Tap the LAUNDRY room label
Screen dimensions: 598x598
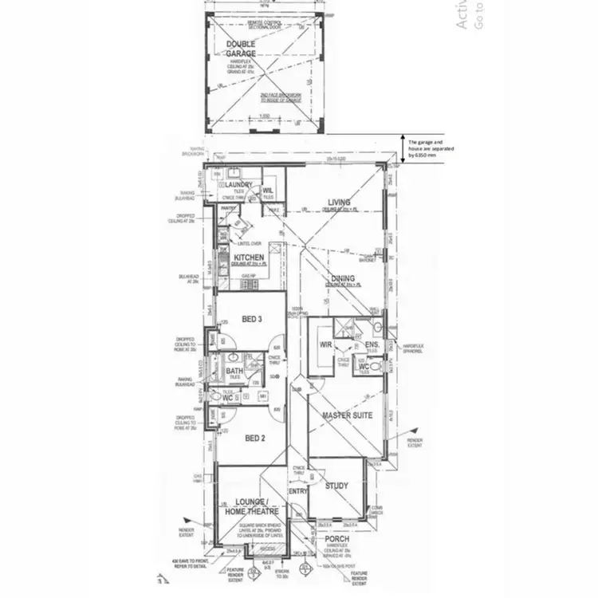tap(233, 185)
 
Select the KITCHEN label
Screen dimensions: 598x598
tap(249, 258)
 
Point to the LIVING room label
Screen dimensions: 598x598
tap(339, 203)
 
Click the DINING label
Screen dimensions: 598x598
tap(343, 279)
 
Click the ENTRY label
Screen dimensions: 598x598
tap(297, 492)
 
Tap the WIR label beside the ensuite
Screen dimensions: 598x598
tap(325, 345)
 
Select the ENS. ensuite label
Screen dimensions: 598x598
tap(371, 345)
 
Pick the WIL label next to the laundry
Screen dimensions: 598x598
tap(268, 190)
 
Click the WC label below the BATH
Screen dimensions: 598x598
tap(227, 397)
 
